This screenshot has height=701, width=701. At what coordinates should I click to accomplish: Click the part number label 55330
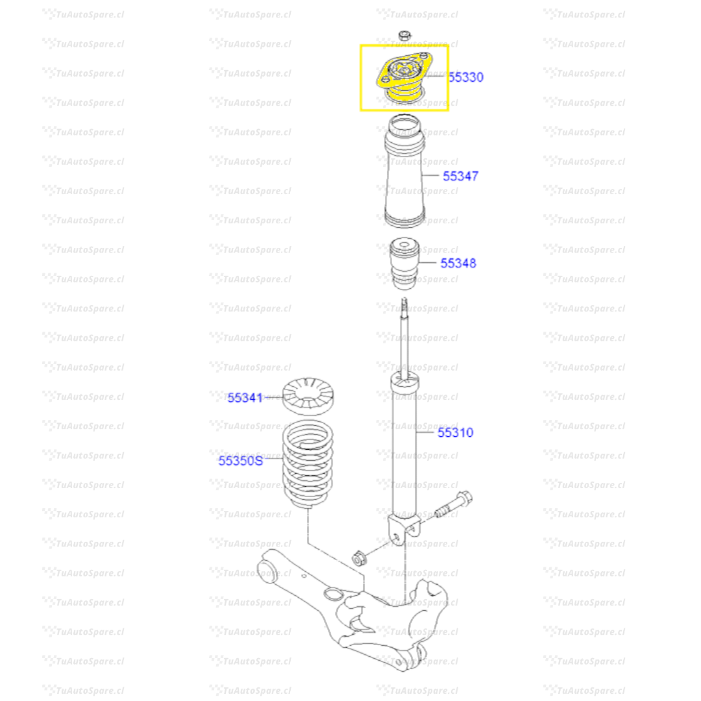click(466, 77)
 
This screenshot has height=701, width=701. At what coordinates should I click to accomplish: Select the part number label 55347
click(460, 177)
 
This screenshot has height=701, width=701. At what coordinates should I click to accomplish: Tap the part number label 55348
click(458, 264)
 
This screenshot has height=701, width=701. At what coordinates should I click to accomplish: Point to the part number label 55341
click(245, 397)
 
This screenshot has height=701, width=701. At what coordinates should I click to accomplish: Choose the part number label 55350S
click(241, 460)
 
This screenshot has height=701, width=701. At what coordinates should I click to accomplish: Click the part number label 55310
click(455, 432)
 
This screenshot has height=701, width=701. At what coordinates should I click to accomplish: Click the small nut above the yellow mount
click(404, 35)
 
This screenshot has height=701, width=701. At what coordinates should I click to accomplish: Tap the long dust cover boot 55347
click(404, 171)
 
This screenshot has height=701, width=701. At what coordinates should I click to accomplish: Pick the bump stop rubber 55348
click(404, 264)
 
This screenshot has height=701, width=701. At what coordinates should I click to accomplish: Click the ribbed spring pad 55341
click(308, 396)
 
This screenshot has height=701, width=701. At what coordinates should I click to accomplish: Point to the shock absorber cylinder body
click(404, 447)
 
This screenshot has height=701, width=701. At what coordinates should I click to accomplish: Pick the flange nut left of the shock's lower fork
click(358, 558)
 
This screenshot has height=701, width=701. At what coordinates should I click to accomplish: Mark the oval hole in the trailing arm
click(332, 594)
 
